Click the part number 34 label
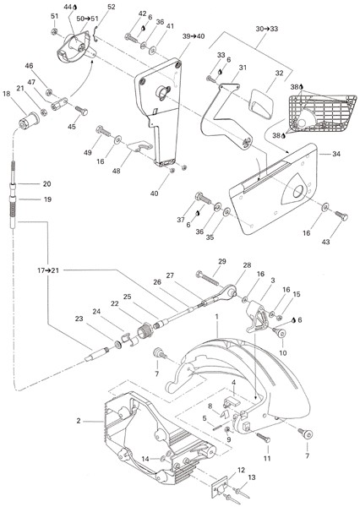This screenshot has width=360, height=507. click(336, 154)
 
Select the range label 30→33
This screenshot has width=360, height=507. click(267, 29)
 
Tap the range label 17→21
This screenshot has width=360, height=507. click(48, 270)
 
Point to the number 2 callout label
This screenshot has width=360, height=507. click(79, 421)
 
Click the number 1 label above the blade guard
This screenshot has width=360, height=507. click(216, 316)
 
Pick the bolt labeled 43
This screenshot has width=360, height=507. click(341, 215)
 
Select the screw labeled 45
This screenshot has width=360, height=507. click(81, 111)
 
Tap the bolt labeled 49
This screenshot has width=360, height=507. click(103, 131)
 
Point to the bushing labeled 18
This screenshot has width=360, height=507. click(29, 120)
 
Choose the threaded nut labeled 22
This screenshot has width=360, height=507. click(143, 331)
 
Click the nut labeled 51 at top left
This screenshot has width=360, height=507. click(54, 32)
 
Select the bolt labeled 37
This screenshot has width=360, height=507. click(203, 198)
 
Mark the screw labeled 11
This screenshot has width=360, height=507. click(264, 438)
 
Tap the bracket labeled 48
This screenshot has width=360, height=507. click(139, 146)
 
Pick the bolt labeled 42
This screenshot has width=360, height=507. click(132, 39)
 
